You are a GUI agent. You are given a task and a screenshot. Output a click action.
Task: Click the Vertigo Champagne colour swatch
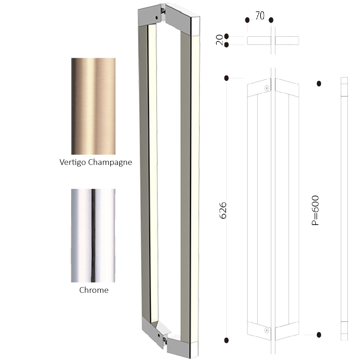(x=93, y=106)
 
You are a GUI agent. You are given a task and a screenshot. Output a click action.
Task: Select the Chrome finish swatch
(x=93, y=235)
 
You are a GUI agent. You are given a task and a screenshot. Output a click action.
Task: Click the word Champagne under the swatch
(x=110, y=162)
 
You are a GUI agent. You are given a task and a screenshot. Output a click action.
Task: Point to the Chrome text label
(x=94, y=290)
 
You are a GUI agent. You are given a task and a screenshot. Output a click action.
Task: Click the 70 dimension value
(x=260, y=15)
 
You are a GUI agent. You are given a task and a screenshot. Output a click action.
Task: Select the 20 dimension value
(x=219, y=40)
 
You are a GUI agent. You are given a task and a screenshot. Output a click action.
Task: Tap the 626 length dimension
(x=223, y=210)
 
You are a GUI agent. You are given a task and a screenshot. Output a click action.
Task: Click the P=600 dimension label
(x=315, y=210)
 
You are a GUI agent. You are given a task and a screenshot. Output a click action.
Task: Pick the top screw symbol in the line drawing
(x=267, y=88)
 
